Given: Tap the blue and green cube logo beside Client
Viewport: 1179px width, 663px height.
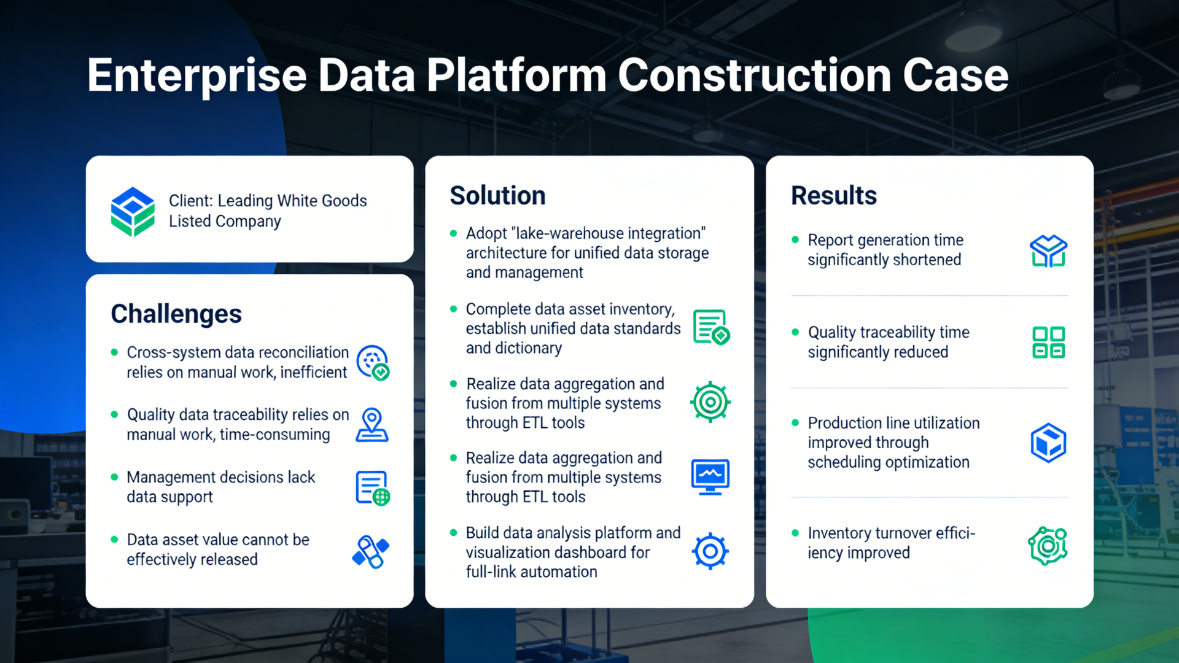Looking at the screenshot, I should click(133, 211).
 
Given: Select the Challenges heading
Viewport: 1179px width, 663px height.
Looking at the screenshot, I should click(176, 314).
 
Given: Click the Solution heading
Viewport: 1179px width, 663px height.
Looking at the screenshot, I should click(497, 196).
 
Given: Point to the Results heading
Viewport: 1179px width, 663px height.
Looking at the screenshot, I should click(833, 196).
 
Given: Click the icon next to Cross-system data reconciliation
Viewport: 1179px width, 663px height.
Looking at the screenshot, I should click(373, 362).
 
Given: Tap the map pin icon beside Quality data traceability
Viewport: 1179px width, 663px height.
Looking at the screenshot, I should click(372, 424).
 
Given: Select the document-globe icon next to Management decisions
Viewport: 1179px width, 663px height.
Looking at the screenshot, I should click(372, 488).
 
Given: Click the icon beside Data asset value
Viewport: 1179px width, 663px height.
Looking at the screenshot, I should click(371, 551).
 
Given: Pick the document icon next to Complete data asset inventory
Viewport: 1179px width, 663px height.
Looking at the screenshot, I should click(710, 327).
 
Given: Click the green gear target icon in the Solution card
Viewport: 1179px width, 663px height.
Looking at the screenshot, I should click(710, 402).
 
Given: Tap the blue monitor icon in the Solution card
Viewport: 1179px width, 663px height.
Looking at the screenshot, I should click(710, 476).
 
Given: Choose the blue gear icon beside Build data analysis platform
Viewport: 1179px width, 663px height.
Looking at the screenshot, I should click(710, 551).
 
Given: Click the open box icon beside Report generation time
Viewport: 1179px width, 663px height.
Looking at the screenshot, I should click(1048, 250).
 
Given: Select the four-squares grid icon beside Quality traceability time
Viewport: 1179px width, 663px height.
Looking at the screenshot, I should click(1048, 342).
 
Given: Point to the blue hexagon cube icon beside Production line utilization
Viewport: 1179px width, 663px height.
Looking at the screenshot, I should click(1048, 443).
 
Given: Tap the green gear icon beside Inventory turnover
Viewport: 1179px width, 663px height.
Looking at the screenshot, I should click(1048, 546).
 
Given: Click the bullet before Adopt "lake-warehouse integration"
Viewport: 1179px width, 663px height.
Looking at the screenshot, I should click(454, 233).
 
